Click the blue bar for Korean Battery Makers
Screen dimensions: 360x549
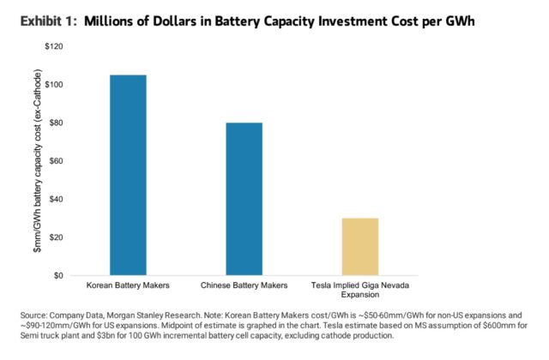[x=128, y=175]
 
